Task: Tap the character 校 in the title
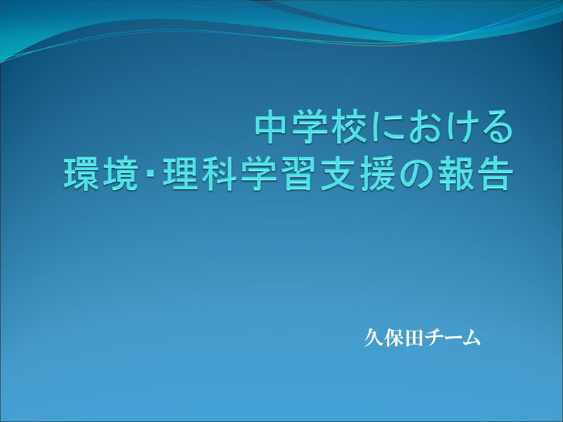(x=348, y=127)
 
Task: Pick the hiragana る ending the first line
(x=498, y=127)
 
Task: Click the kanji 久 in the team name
(x=374, y=338)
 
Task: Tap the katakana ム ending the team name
(x=471, y=338)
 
